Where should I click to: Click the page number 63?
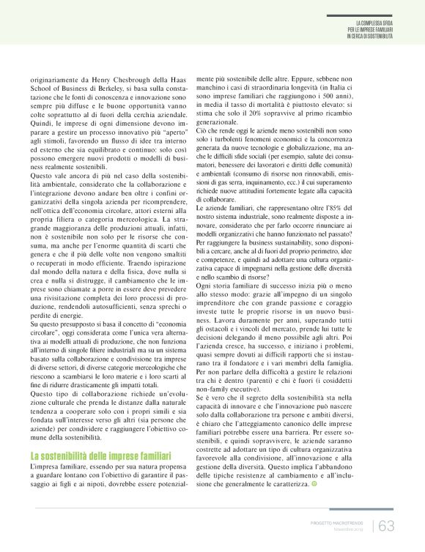[x=386, y=525]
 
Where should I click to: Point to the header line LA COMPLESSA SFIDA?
[x=374, y=23]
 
